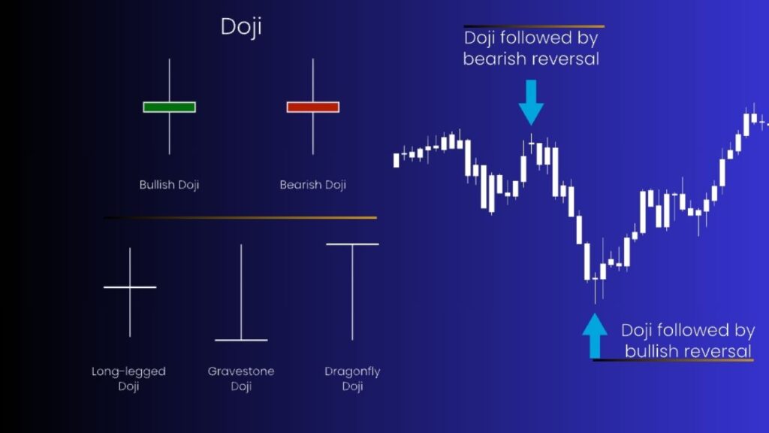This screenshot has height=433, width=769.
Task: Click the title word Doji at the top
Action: click(x=240, y=27)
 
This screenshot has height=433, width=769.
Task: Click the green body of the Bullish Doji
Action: click(x=169, y=107)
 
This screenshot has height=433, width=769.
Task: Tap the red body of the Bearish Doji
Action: click(x=312, y=107)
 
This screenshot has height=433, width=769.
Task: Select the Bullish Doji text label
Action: click(x=169, y=184)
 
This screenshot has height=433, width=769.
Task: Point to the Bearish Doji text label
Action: click(x=312, y=184)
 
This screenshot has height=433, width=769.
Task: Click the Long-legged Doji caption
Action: click(x=128, y=379)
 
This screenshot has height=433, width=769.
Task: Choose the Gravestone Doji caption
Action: click(x=240, y=379)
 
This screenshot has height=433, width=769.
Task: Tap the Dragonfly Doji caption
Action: click(x=352, y=379)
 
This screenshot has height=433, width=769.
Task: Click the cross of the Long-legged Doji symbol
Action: click(x=130, y=287)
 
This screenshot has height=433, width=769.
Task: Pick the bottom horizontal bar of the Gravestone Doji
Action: click(x=241, y=341)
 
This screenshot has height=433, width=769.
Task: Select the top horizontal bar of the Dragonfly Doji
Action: click(x=352, y=244)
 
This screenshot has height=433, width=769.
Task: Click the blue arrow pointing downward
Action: click(x=531, y=101)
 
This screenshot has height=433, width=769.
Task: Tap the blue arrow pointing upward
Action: click(x=595, y=335)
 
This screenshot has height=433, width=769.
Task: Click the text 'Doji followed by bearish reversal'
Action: click(x=531, y=48)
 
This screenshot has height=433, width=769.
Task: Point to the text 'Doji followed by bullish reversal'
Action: click(x=688, y=340)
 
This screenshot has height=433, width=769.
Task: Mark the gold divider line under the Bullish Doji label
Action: click(x=240, y=218)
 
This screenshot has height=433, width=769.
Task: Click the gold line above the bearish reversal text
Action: click(x=533, y=26)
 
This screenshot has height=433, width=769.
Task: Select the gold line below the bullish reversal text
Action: click(x=673, y=361)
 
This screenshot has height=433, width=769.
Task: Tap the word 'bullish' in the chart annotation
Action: click(x=651, y=350)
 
